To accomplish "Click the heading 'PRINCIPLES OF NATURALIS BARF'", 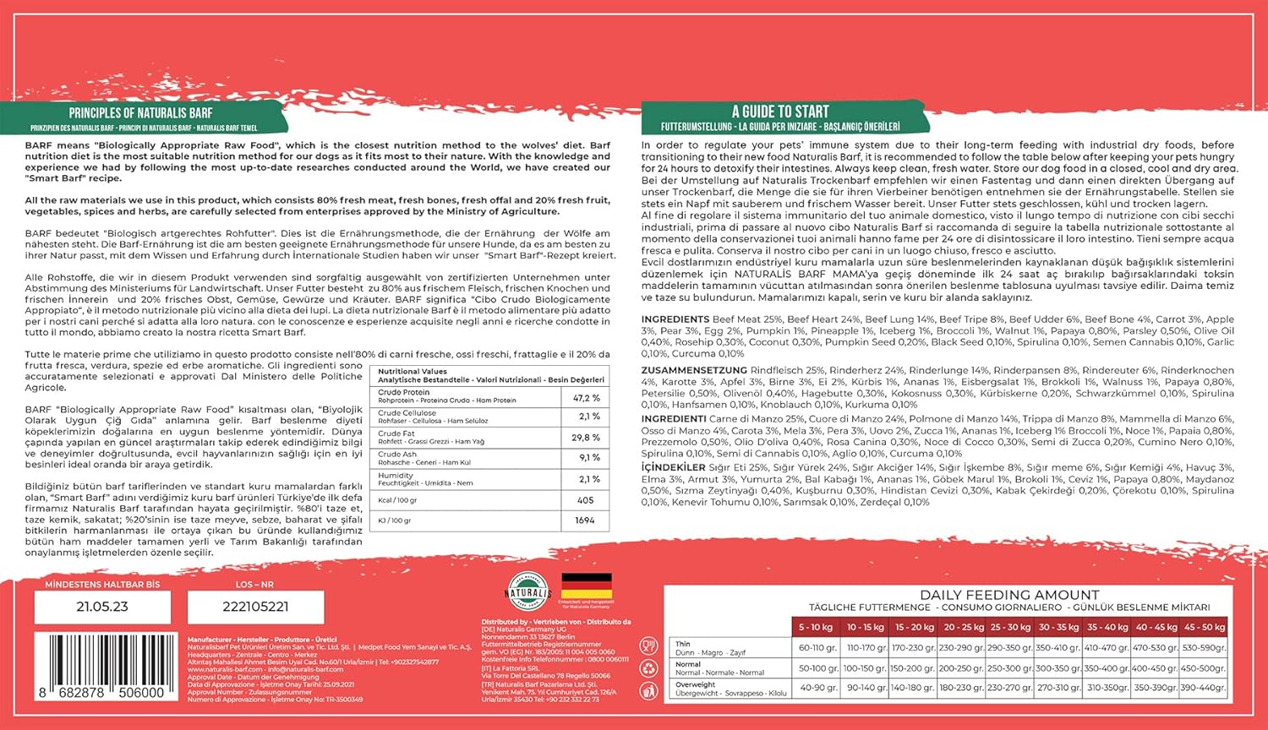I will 140,112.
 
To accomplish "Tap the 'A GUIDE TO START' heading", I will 780,112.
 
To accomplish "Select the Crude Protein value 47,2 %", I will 586,397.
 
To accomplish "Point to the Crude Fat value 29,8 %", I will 586,438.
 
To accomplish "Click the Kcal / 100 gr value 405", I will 586,500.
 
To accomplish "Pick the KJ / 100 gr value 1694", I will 585,520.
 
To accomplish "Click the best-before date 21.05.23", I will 102,607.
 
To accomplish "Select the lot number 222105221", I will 255,607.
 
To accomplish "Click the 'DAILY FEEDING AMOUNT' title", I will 1009,595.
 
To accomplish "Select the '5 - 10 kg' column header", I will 816,627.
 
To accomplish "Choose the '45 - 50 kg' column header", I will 1204,627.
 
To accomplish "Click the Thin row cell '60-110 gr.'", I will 817,648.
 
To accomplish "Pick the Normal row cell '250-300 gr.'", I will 1010,668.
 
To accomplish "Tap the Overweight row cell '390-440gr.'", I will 1203,688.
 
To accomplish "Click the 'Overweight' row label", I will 695,684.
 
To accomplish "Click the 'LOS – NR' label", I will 254,584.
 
